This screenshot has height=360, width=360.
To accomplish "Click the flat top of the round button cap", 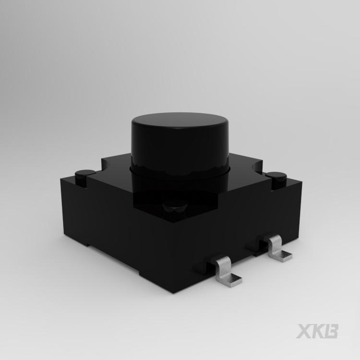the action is (180, 120).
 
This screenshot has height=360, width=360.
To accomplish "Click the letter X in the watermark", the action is (303, 331).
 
